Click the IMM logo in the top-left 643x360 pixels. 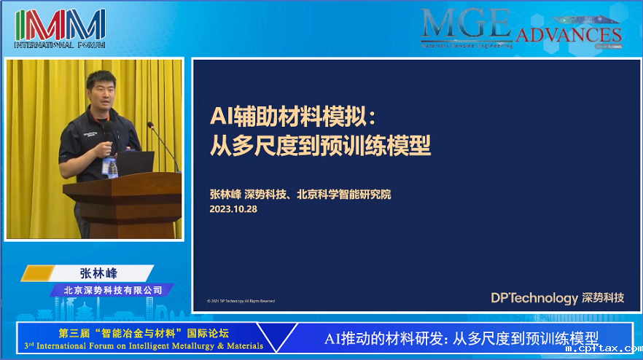[x=60, y=26]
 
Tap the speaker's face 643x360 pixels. [x=101, y=92]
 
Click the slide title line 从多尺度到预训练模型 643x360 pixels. [x=320, y=146]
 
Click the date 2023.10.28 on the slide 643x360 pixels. [x=233, y=208]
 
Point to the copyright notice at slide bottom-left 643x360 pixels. [x=241, y=300]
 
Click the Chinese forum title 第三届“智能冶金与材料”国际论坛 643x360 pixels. [x=143, y=332]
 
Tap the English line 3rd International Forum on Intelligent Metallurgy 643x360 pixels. [x=144, y=345]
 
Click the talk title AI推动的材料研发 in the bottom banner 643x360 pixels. [x=461, y=338]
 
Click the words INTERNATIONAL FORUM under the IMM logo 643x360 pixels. [x=60, y=45]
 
